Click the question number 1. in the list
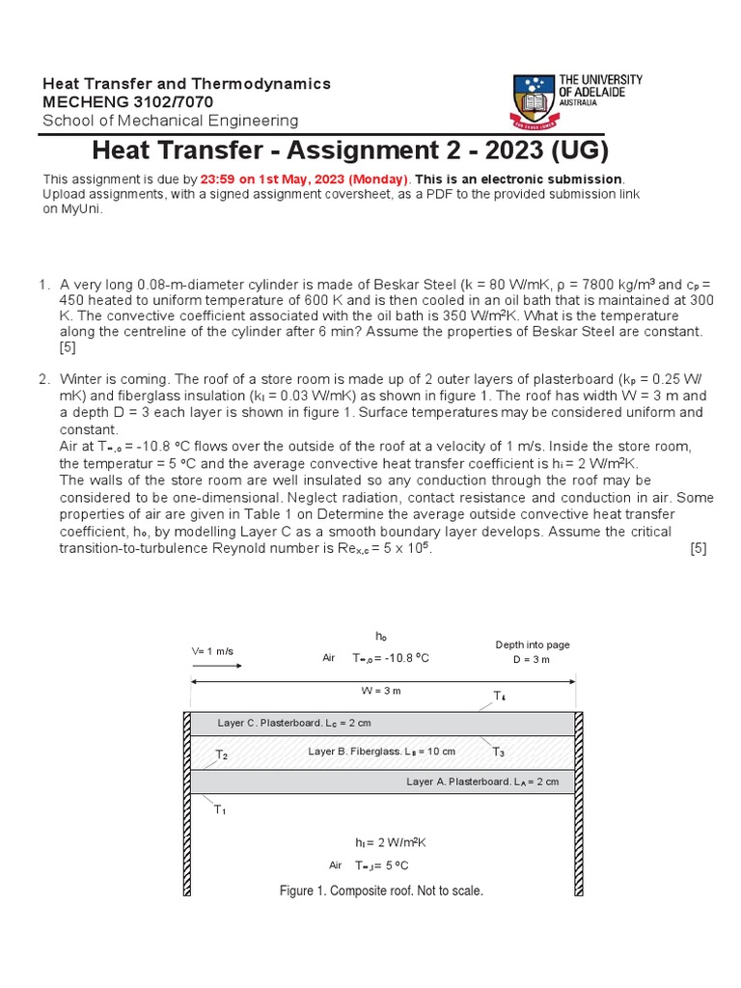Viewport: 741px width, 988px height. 43,285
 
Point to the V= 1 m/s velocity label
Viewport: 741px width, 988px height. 212,651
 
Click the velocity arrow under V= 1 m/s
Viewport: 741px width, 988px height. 212,666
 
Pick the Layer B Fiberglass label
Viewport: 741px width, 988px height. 381,751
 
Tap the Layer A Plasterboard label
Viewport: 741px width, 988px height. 482,782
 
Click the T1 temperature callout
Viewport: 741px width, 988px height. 220,810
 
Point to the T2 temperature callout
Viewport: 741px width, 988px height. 221,755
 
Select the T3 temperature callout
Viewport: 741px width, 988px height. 498,752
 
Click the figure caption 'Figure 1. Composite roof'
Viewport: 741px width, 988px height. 380,891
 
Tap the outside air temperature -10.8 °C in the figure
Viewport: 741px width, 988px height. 391,658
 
